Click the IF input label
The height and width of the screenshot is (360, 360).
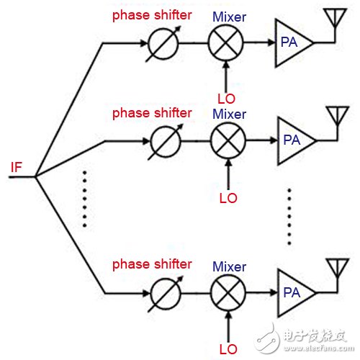coord(17,167)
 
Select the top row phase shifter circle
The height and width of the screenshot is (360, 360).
coord(149,44)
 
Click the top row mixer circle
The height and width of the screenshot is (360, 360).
coord(209,42)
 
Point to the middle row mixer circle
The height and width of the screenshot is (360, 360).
coord(211,140)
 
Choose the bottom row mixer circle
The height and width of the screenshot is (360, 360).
coord(211,293)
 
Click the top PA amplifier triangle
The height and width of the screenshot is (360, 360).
coord(276,42)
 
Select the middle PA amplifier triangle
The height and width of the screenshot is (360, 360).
coord(279,140)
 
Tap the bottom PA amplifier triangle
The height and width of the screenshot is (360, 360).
coord(279,293)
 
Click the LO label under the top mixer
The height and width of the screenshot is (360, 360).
coord(226,99)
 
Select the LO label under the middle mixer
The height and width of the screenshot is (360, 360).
coord(228,198)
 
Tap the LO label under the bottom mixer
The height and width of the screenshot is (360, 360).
coord(228,349)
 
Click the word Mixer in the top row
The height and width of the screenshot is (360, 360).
coord(230,17)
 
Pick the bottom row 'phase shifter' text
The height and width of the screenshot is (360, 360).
coord(152,265)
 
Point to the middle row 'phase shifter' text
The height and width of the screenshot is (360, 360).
coord(152,113)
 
